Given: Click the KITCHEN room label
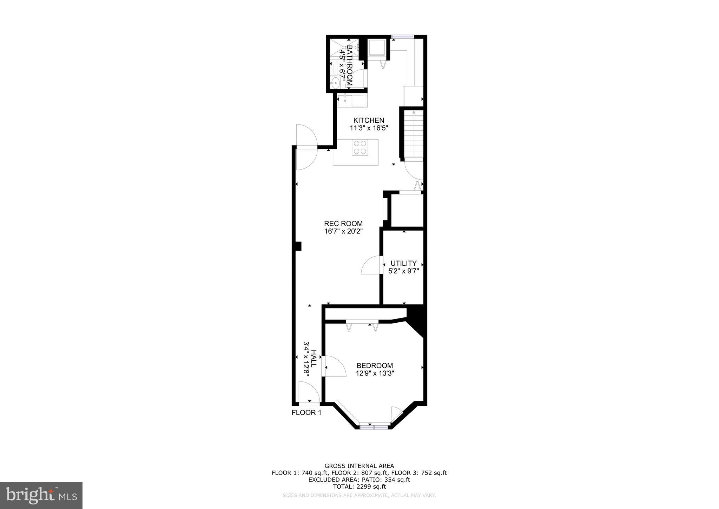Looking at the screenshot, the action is tap(369, 120).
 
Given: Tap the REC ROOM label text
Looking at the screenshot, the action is tap(343, 224).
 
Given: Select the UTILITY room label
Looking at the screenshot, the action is tap(404, 263).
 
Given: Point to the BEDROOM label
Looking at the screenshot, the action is tap(375, 366).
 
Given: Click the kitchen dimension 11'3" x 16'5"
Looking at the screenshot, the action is tap(369, 128).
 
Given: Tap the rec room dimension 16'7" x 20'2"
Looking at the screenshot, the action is tap(343, 231).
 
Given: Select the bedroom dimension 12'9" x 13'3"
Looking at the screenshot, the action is tap(375, 374).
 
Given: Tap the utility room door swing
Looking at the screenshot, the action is tap(371, 265).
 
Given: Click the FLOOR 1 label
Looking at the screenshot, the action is tap(306, 413).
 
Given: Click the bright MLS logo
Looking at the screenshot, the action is tap(41, 496).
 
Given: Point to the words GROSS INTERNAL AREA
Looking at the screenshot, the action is tap(359, 466).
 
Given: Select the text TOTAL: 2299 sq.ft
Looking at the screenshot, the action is tap(359, 487).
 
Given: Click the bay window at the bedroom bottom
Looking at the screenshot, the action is tap(374, 427).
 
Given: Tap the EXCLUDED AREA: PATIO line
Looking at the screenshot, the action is tap(359, 480).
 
